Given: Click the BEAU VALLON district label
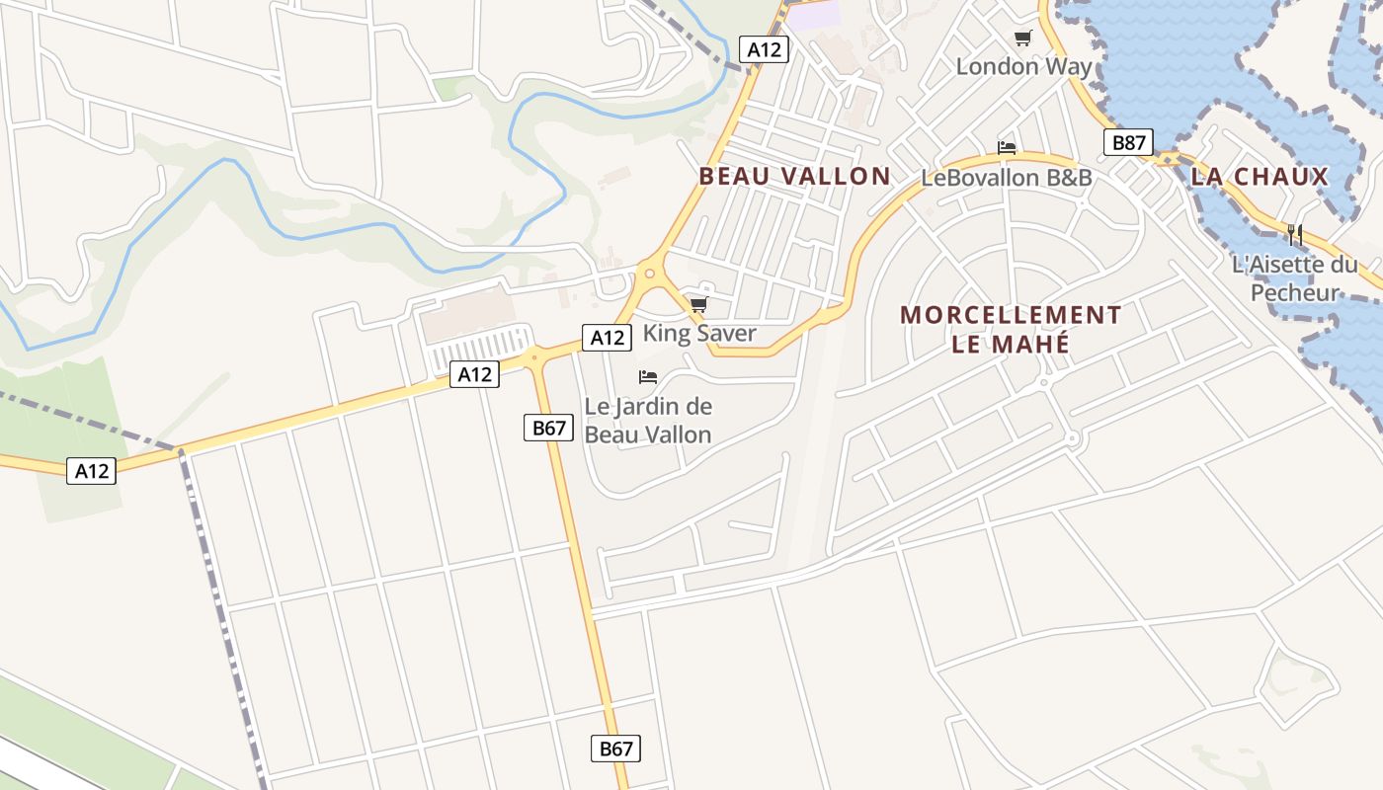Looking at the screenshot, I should pyautogui.click(x=794, y=177).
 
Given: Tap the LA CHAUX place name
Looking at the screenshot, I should pyautogui.click(x=1260, y=177).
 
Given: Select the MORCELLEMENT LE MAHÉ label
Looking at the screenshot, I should pyautogui.click(x=1010, y=329).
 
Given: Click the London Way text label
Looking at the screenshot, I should pyautogui.click(x=1023, y=67).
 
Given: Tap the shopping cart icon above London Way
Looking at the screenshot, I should pyautogui.click(x=1022, y=39).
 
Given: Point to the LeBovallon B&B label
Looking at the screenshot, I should pyautogui.click(x=1006, y=178).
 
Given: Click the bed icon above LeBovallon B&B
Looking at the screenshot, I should pyautogui.click(x=1006, y=148).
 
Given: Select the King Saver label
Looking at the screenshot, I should pyautogui.click(x=698, y=333).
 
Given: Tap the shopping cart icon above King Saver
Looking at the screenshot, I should pyautogui.click(x=698, y=304).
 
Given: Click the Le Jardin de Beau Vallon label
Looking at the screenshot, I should pyautogui.click(x=648, y=420).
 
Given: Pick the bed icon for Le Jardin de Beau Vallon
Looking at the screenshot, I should pyautogui.click(x=648, y=377).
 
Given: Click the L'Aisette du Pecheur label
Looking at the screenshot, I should pyautogui.click(x=1294, y=278).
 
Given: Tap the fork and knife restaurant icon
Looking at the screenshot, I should pyautogui.click(x=1295, y=235).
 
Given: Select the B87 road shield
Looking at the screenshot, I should pyautogui.click(x=1128, y=143).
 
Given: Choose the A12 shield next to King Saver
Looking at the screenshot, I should pyautogui.click(x=607, y=338).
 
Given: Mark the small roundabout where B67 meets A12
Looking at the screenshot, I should pyautogui.click(x=534, y=355).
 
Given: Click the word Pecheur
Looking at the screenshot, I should pyautogui.click(x=1294, y=293).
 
